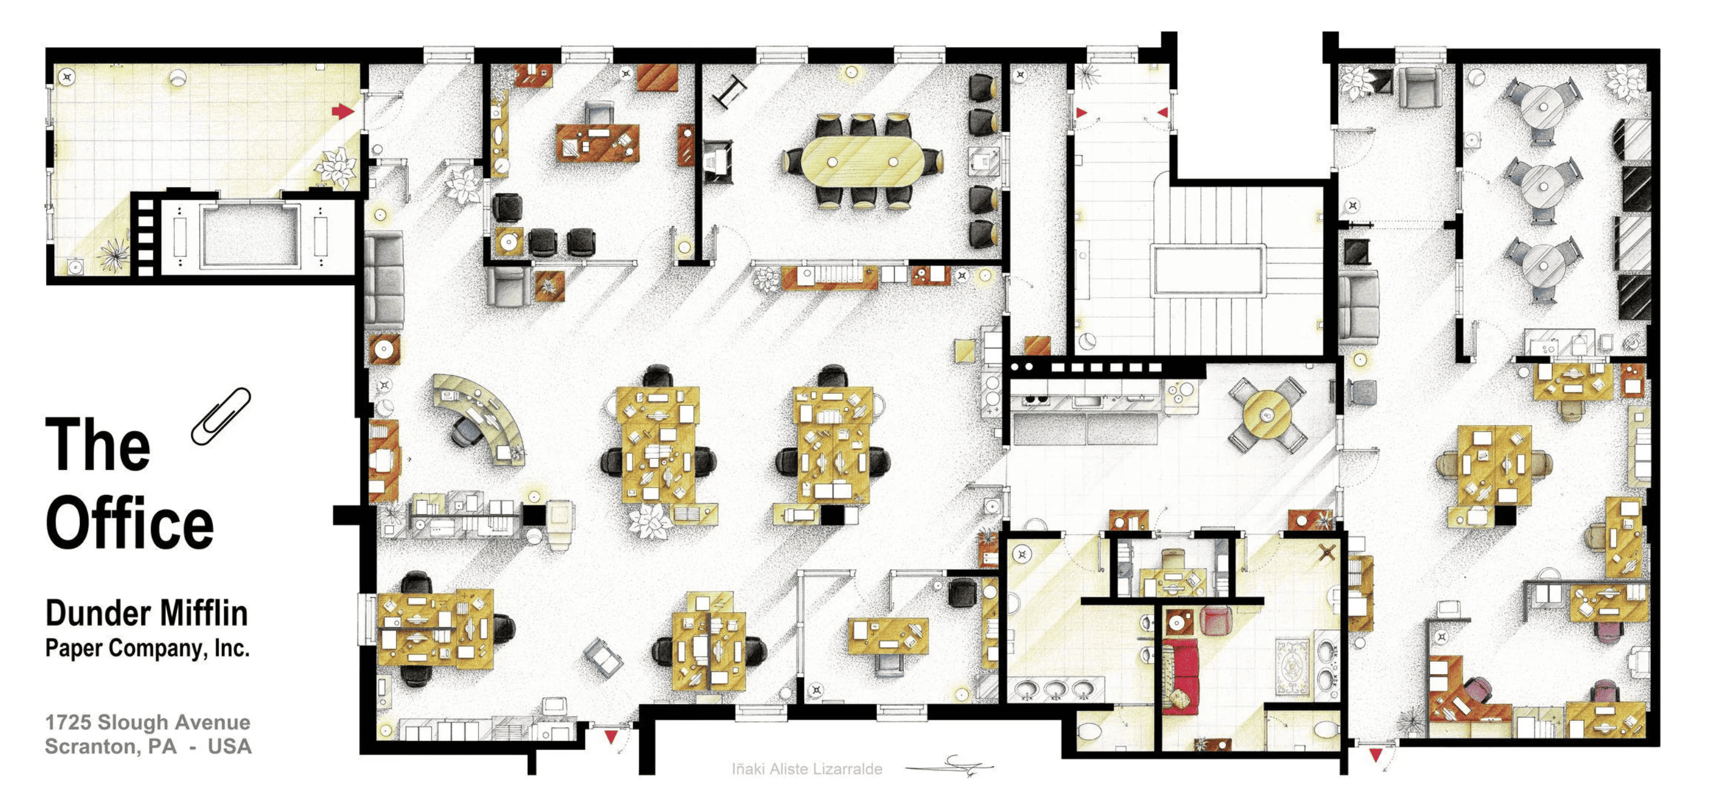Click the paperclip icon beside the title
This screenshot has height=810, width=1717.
click(x=221, y=416)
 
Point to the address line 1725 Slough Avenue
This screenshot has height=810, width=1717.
click(x=148, y=722)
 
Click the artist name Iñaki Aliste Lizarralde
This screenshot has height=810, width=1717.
click(x=807, y=769)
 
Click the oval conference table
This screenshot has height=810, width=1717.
click(x=863, y=162)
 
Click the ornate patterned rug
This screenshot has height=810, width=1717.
click(x=1292, y=667)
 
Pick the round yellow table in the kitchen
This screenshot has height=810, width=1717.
click(x=1267, y=414)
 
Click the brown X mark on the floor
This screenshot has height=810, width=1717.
click(x=1327, y=552)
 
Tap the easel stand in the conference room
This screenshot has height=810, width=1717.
click(x=730, y=92)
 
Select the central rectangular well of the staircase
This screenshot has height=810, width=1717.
click(x=1207, y=270)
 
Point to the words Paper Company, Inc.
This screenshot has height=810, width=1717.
click(x=148, y=648)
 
